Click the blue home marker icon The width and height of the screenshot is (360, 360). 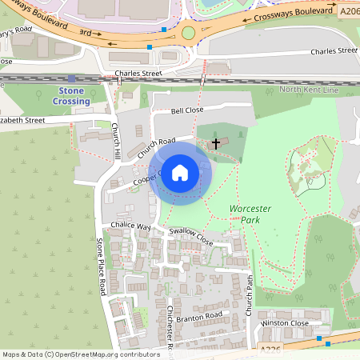(x=180, y=173)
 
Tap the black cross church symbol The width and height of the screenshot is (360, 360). (x=215, y=144)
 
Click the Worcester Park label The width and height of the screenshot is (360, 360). (x=250, y=214)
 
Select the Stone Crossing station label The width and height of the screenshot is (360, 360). (x=71, y=96)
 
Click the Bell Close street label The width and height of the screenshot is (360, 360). (x=188, y=111)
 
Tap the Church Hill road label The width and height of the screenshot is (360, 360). (x=117, y=141)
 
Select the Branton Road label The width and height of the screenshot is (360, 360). (x=198, y=316)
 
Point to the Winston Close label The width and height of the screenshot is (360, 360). (x=285, y=322)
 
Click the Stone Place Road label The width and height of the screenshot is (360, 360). (x=101, y=266)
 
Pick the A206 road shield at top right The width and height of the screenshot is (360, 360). (x=349, y=12)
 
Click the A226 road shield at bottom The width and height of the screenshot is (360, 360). (x=272, y=350)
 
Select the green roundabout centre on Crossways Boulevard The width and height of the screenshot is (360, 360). (x=189, y=33)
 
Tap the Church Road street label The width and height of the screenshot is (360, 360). (x=155, y=146)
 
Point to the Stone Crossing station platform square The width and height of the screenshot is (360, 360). (x=72, y=78)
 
